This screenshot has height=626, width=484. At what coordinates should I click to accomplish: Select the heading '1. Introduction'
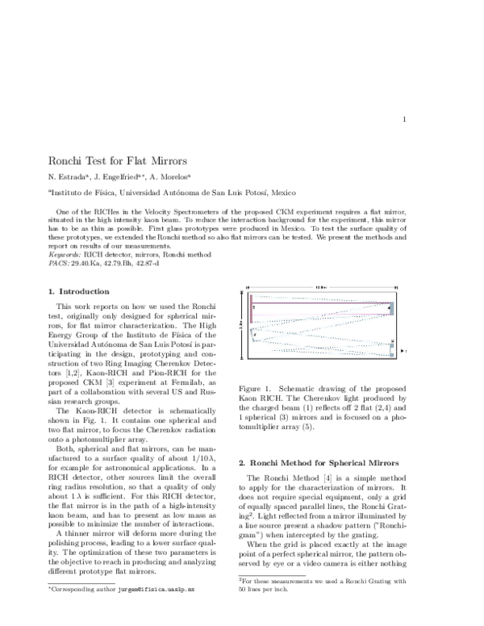pos(78,291)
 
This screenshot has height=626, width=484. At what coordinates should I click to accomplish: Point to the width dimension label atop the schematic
pos(319,288)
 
